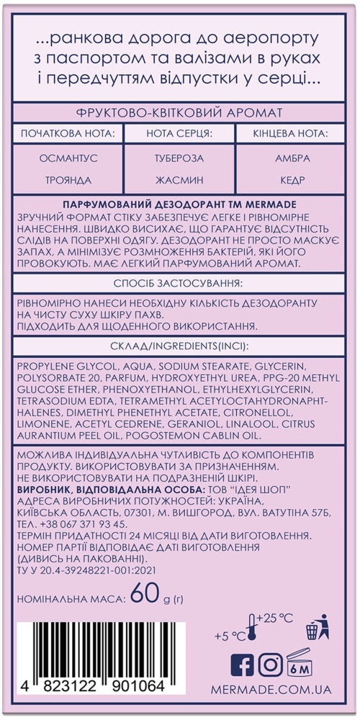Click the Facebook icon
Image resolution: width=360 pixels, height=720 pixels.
coord(241,665)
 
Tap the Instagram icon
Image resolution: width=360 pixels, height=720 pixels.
coord(270,665)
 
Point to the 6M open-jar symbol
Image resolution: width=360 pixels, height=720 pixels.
coord(304,664)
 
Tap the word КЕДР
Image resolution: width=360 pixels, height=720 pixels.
coord(293,181)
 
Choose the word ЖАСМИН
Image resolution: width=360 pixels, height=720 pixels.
coord(179,181)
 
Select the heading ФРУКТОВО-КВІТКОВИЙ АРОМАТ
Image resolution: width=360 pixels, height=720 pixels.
coord(179,113)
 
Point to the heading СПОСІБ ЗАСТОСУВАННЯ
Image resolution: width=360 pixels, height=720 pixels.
coord(179,283)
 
